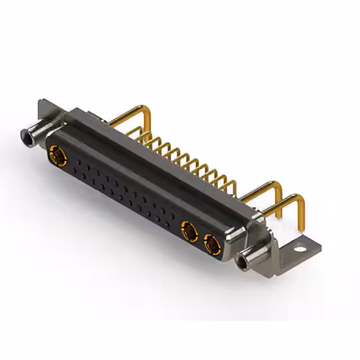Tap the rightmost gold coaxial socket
coord(212,244)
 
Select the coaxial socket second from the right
coord(190,231)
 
